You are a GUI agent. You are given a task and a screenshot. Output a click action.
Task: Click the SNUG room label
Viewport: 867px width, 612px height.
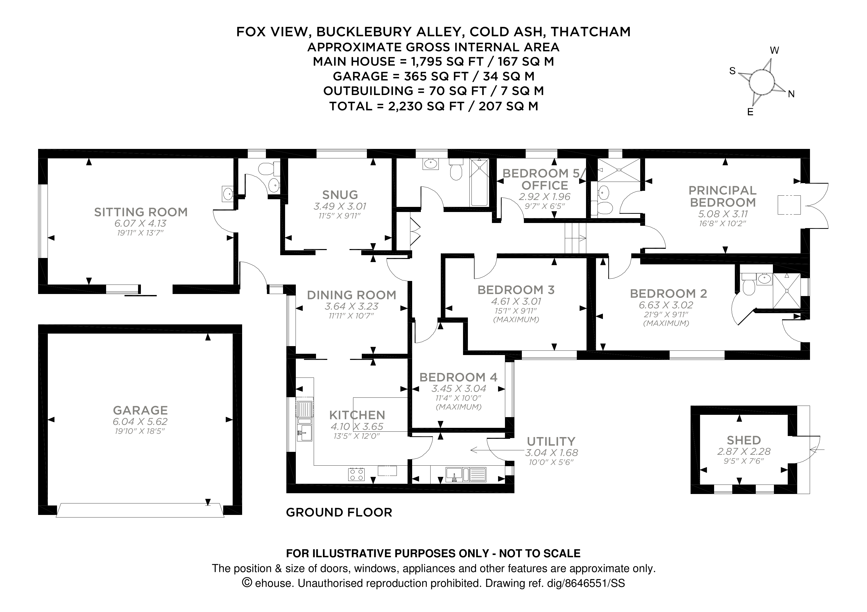click(x=340, y=195)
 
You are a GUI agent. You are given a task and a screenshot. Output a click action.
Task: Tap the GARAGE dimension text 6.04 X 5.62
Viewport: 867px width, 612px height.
click(x=140, y=421)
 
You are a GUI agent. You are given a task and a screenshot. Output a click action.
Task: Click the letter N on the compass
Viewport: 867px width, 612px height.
click(x=791, y=94)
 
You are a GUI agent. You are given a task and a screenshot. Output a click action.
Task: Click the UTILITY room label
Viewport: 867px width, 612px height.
click(x=551, y=441)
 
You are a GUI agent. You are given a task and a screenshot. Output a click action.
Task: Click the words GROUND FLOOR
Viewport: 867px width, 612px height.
click(x=339, y=512)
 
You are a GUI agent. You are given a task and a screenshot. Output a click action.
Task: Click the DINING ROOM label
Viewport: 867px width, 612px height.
click(x=351, y=295)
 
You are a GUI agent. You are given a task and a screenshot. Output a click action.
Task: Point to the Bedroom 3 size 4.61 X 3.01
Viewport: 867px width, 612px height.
click(x=516, y=301)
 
